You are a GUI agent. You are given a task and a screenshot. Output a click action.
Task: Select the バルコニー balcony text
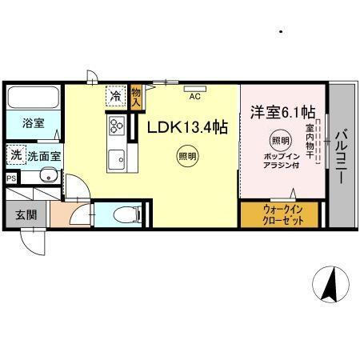coord(341,156)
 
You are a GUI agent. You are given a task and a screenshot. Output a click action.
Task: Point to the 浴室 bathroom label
coord(33,124)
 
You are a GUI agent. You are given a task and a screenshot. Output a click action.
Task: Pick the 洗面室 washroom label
coord(45,155)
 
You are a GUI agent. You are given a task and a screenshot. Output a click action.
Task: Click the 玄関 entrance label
coord(26,214)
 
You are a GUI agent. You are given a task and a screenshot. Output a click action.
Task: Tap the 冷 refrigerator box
coord(116,97)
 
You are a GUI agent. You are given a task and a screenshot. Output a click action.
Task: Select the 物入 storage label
coord(136,97)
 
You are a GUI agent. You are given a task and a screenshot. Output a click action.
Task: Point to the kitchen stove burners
coord(116,126)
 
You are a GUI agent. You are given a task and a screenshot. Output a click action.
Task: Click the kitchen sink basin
coord(116,156)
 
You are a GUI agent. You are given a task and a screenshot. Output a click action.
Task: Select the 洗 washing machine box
coord(16,154)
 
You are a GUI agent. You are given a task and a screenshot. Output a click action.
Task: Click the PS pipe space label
coord(10,178)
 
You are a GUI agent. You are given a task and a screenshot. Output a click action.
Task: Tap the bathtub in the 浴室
coord(32,98)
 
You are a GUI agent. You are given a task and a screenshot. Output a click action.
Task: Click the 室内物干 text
coord(310,136)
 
